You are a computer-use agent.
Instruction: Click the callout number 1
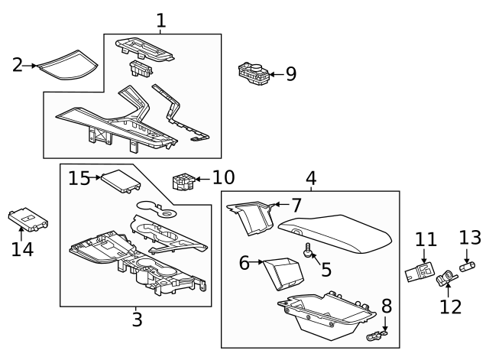160,21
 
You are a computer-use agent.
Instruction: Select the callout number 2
18,65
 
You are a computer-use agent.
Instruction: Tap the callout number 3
137,319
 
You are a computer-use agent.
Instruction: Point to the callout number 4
311,178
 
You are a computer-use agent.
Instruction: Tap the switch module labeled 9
256,74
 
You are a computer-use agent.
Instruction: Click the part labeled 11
418,272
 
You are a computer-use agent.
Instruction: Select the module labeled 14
28,220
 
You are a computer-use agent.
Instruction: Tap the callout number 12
451,306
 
